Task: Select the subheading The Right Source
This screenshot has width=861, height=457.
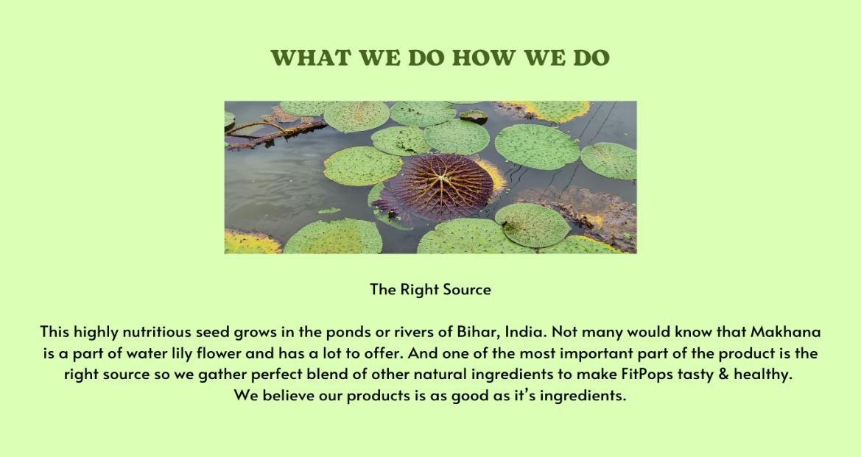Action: [x=430, y=290]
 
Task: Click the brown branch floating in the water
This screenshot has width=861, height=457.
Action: [x=275, y=132]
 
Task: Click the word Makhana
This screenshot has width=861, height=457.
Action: [x=786, y=332]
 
